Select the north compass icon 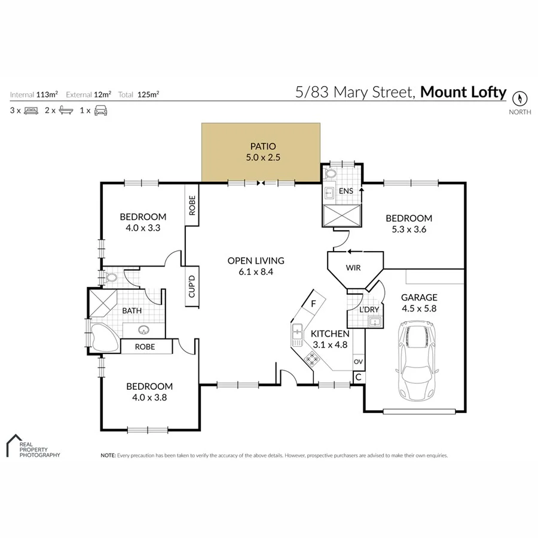pos(519,98)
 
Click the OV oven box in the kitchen pos(358,362)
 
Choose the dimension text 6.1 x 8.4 pos(255,272)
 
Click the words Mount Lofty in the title pos(463,92)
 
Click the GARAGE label pos(419,297)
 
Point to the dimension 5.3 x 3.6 pos(408,230)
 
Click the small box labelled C pos(358,377)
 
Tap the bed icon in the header pos(31,111)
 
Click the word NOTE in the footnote pos(108,456)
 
